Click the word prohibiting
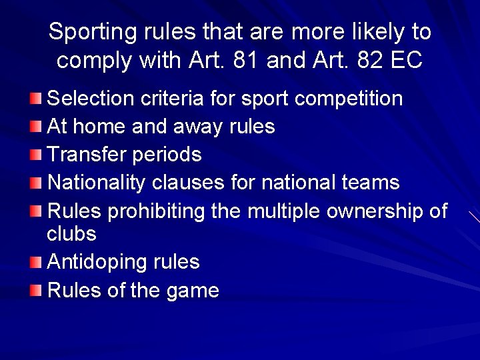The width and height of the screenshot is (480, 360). [157, 211]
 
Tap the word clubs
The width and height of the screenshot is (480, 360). [71, 234]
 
